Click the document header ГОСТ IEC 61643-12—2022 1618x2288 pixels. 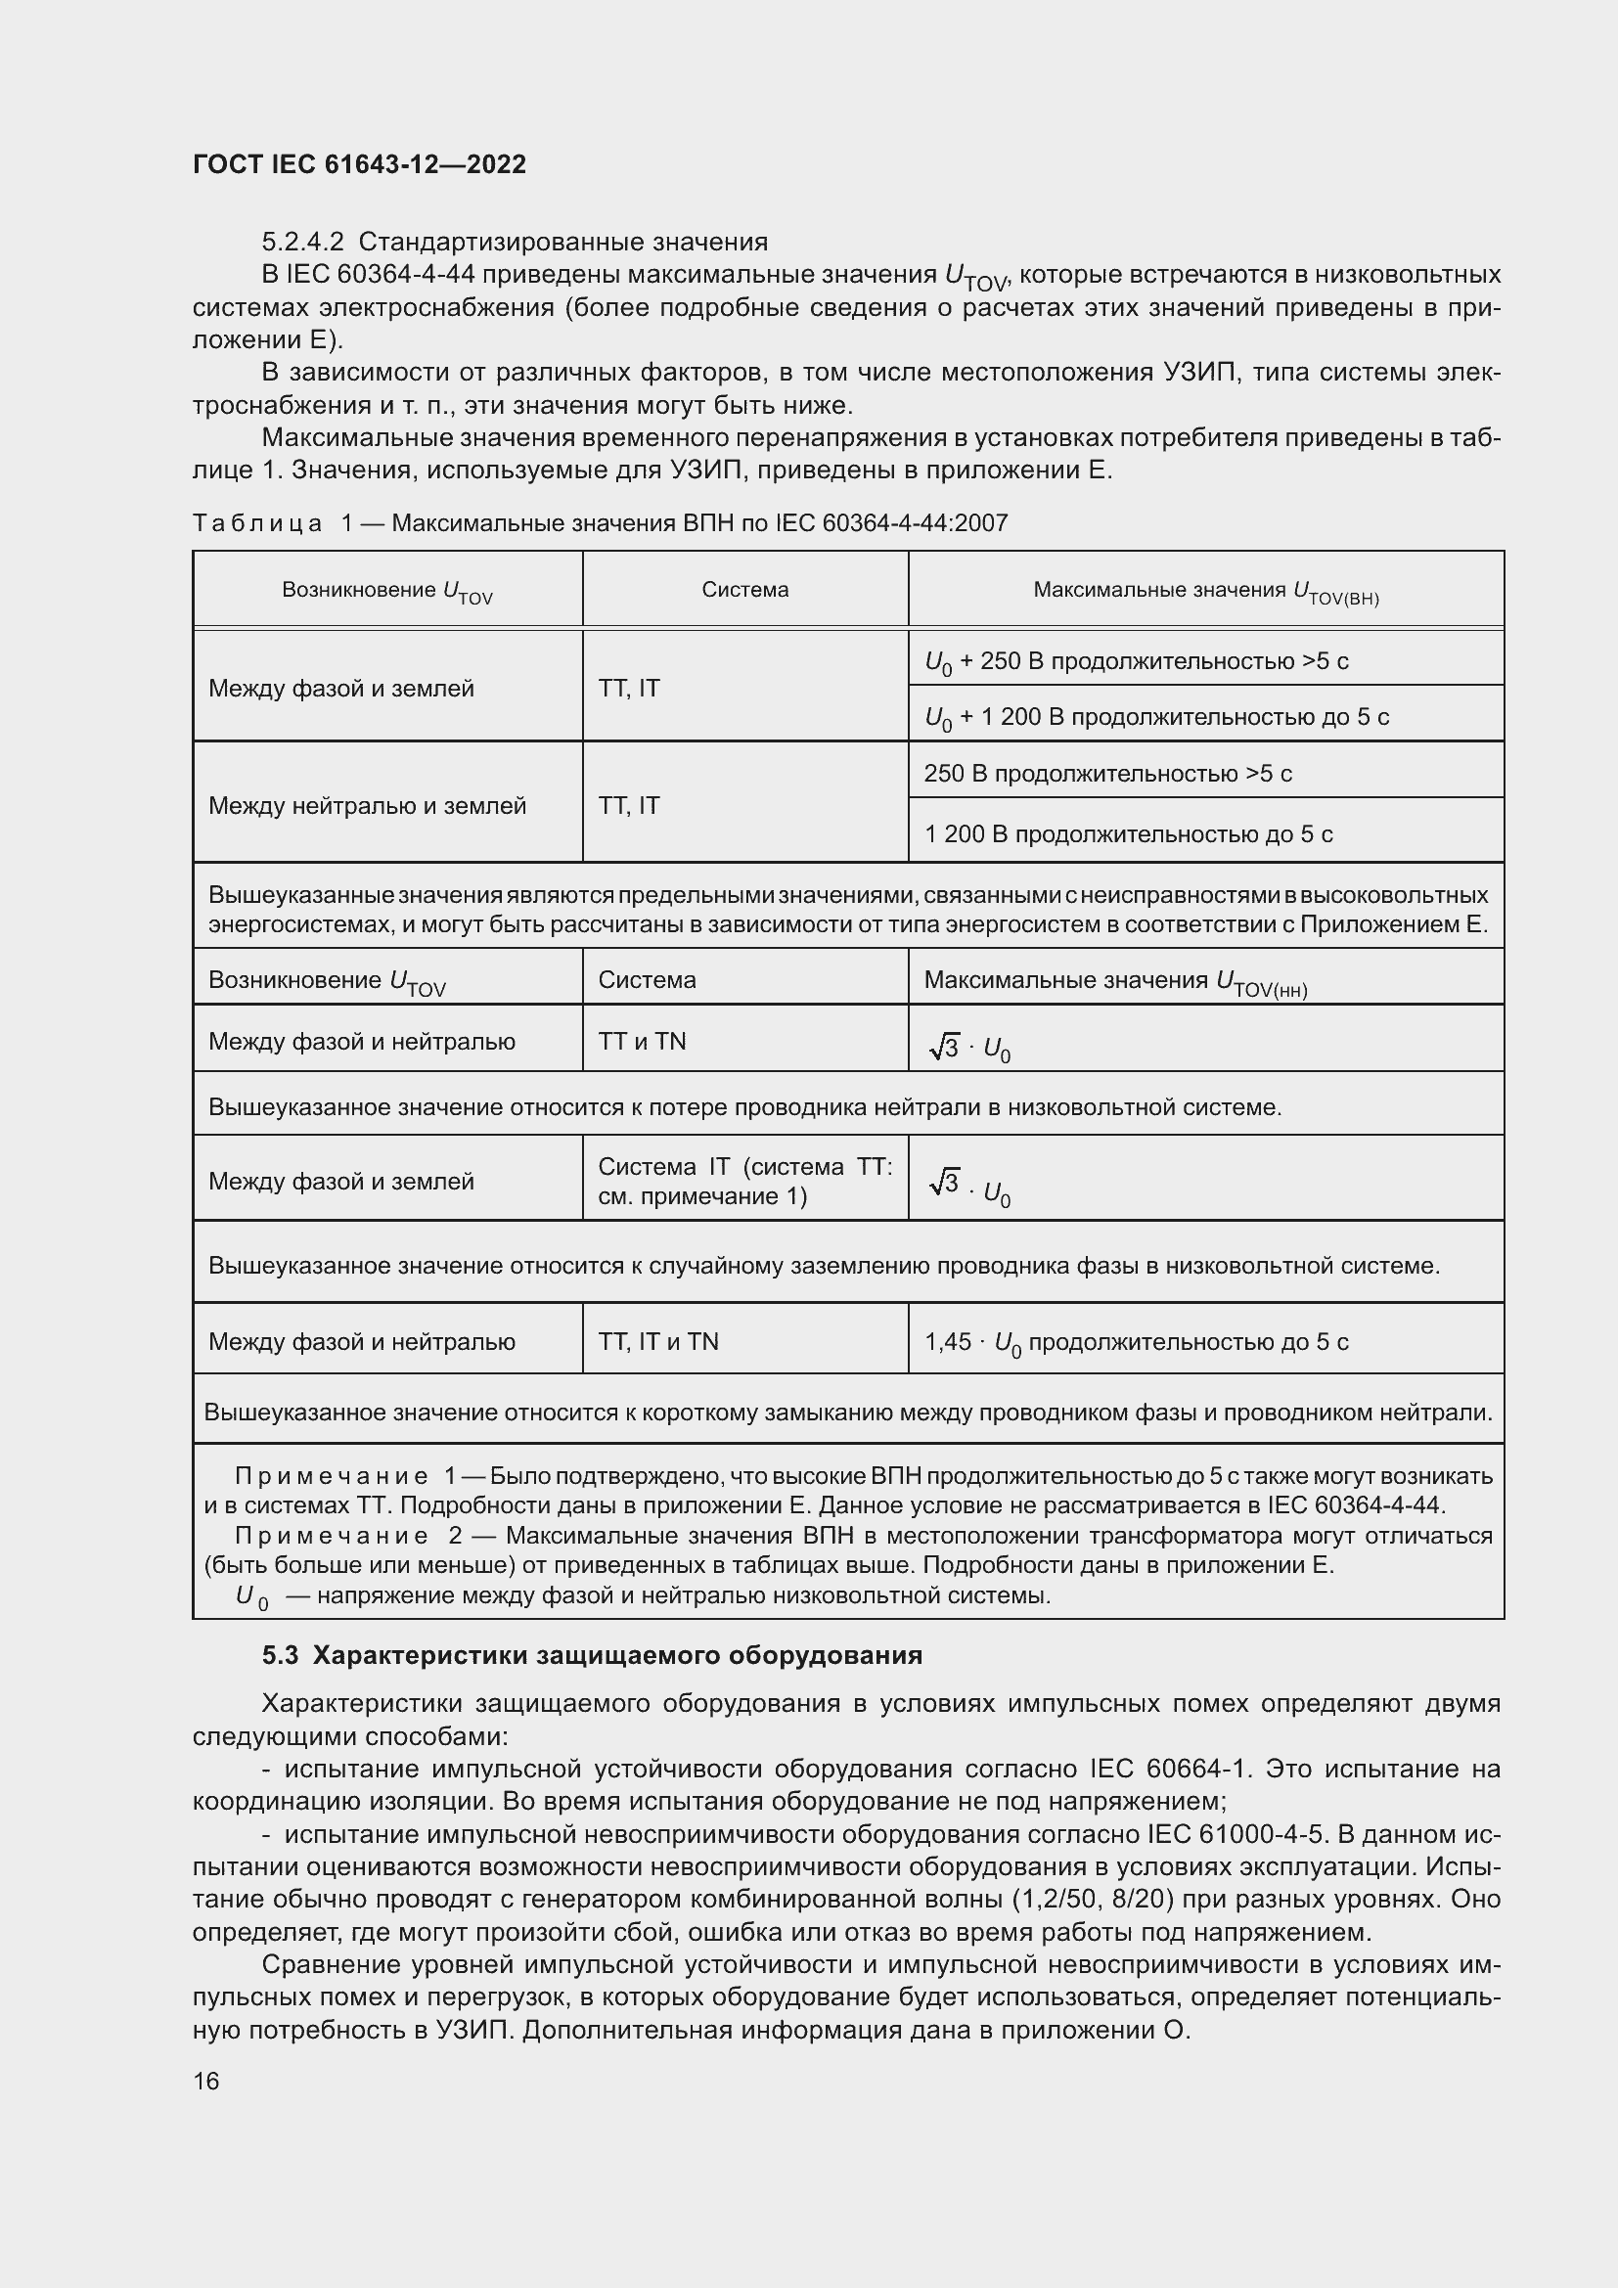pos(359,164)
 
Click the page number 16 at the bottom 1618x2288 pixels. pos(206,2081)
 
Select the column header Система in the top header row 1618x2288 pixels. pos(744,590)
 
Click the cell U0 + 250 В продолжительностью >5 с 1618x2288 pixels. pos(1136,661)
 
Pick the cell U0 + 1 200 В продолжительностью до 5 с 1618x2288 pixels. pos(1155,717)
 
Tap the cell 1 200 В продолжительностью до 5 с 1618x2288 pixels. pos(1128,835)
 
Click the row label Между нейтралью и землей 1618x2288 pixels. pos(367,805)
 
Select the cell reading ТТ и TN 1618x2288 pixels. pos(642,1042)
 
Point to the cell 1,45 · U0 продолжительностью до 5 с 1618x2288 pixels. pos(1136,1342)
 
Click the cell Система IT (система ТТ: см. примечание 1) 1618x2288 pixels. pos(744,1181)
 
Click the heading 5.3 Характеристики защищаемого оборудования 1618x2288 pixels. pos(592,1655)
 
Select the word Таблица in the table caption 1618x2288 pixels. pos(257,523)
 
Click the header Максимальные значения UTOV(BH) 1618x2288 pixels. pos(1205,591)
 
